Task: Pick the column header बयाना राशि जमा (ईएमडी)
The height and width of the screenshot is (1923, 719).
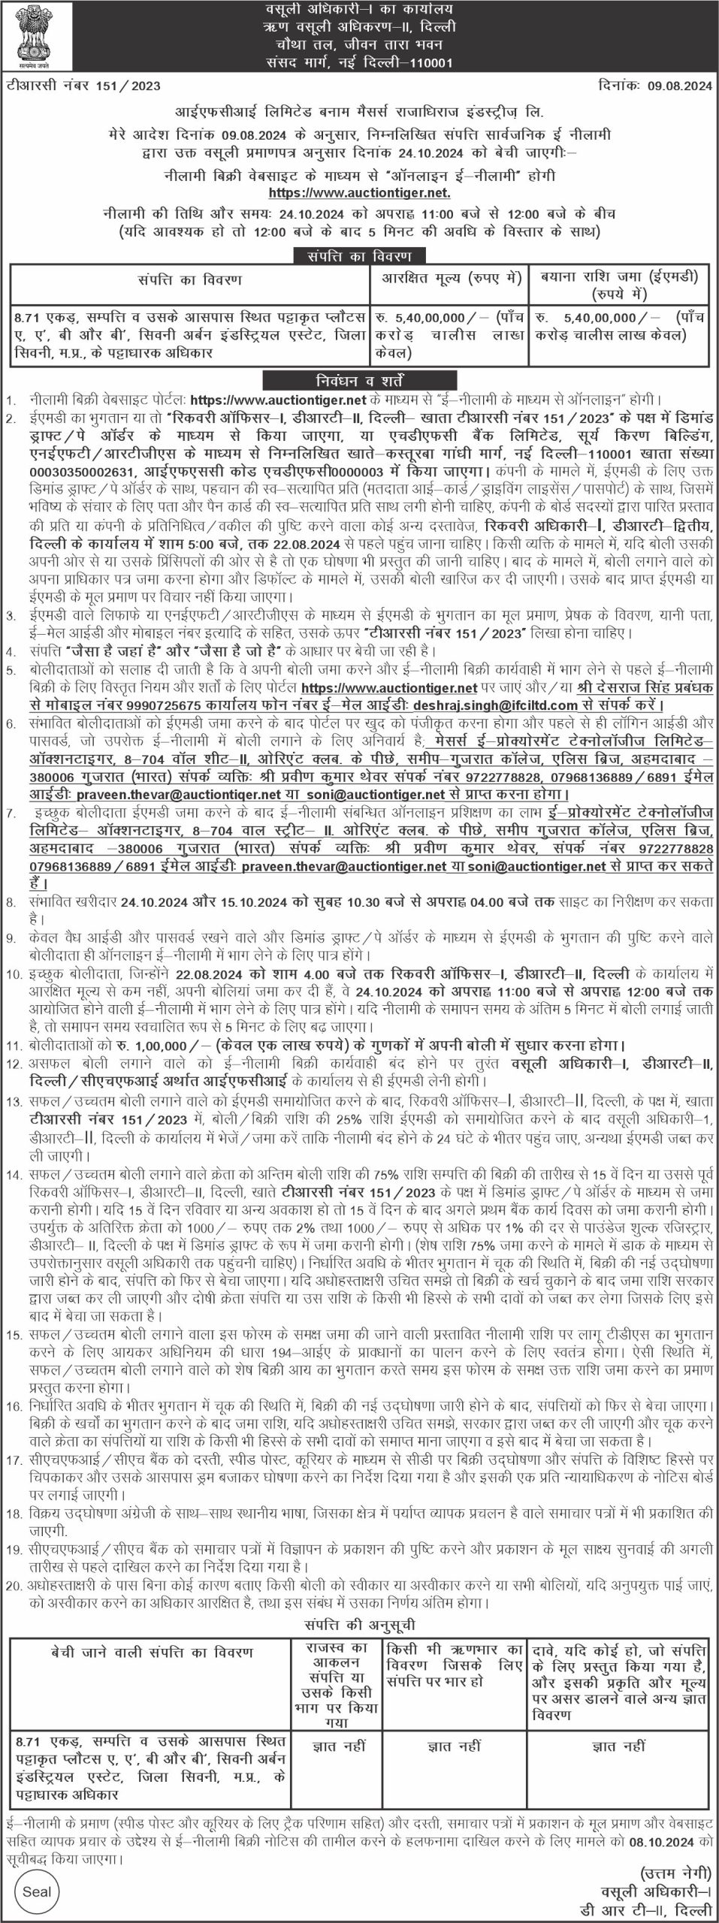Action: (618, 279)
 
